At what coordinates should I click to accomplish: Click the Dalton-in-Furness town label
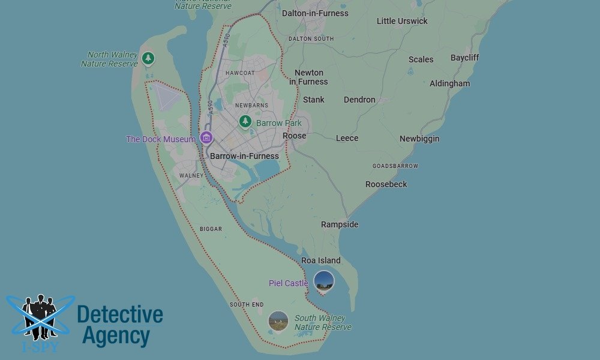click(x=315, y=13)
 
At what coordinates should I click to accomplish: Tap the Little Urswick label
click(x=402, y=21)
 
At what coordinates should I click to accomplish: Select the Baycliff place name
click(x=465, y=58)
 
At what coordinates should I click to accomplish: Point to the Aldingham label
click(x=449, y=83)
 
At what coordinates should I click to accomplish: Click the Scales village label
click(x=421, y=59)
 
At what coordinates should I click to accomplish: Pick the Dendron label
click(x=359, y=100)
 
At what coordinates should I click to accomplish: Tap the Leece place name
click(x=347, y=138)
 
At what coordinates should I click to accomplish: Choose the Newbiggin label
click(x=419, y=139)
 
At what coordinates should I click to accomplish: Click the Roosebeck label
click(x=386, y=184)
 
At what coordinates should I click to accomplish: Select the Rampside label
click(x=340, y=224)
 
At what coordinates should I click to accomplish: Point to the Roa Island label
click(x=320, y=260)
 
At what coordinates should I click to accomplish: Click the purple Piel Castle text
click(x=288, y=283)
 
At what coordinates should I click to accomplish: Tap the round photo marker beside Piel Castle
click(x=324, y=281)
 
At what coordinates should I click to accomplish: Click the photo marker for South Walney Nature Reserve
click(x=278, y=320)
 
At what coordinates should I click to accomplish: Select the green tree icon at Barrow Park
click(x=245, y=122)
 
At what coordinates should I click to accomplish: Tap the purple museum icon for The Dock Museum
click(x=206, y=138)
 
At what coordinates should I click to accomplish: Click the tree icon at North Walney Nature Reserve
click(x=148, y=58)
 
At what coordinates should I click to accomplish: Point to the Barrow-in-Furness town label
click(x=244, y=156)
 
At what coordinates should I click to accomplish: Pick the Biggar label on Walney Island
click(x=211, y=229)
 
